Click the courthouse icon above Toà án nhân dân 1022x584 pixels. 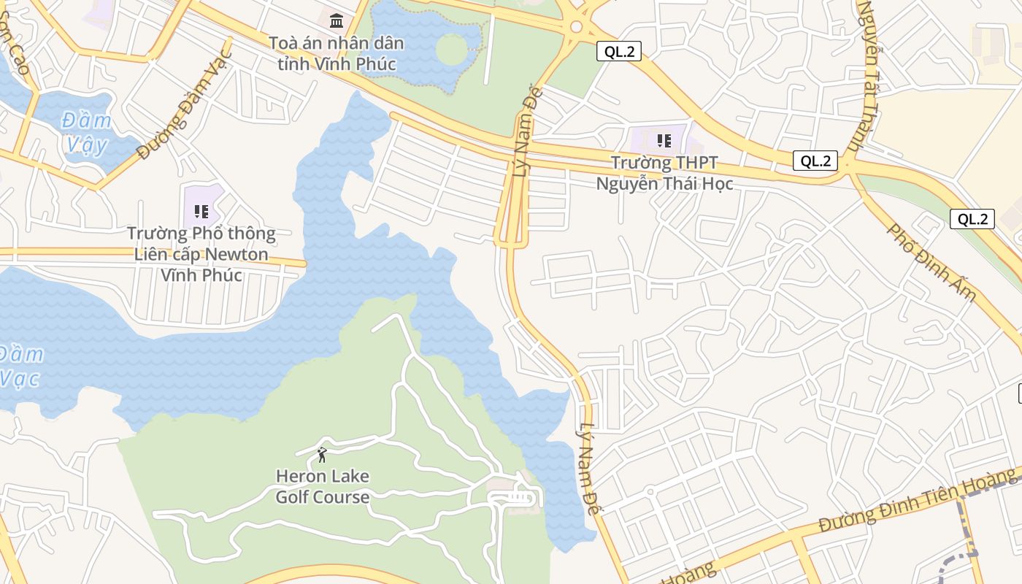pyautogui.click(x=337, y=20)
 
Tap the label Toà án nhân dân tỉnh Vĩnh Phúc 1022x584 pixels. pyautogui.click(x=337, y=53)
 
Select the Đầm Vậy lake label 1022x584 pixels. pyautogui.click(x=87, y=132)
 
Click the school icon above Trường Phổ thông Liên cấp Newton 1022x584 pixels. pyautogui.click(x=201, y=212)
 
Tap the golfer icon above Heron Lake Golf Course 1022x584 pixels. pyautogui.click(x=322, y=456)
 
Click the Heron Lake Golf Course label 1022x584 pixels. pyautogui.click(x=322, y=487)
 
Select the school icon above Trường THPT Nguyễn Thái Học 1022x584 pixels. pyautogui.click(x=664, y=140)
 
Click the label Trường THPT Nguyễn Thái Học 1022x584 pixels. pyautogui.click(x=664, y=173)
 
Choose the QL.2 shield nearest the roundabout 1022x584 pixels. pyautogui.click(x=618, y=51)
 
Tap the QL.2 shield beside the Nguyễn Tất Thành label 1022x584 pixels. pyautogui.click(x=815, y=161)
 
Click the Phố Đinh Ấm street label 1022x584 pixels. pyautogui.click(x=932, y=262)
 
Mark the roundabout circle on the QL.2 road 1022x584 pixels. pyautogui.click(x=576, y=28)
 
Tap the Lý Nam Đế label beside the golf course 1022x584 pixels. pyautogui.click(x=589, y=469)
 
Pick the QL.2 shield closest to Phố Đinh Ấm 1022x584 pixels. pyautogui.click(x=972, y=219)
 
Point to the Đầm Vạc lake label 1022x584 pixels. pyautogui.click(x=20, y=366)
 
